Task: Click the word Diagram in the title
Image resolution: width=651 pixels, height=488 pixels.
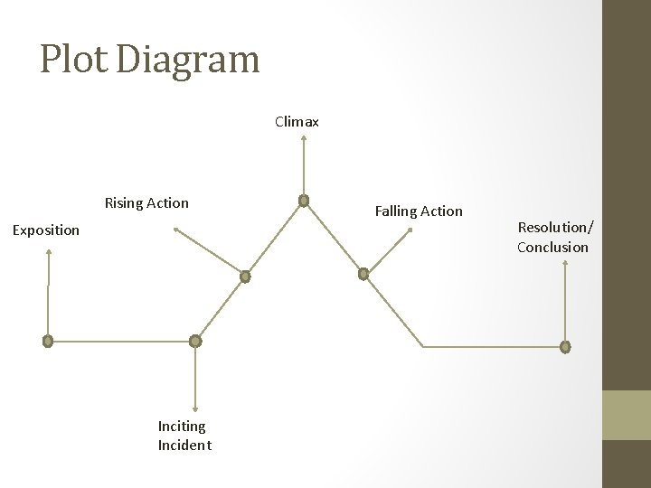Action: click(x=188, y=60)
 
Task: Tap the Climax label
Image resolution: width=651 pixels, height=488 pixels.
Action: click(x=297, y=121)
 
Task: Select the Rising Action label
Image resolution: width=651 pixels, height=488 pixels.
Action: click(x=146, y=202)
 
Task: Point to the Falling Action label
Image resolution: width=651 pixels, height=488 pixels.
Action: click(x=419, y=211)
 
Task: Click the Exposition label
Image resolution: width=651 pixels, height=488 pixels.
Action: click(x=46, y=230)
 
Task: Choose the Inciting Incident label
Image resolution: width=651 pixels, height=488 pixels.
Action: click(x=184, y=435)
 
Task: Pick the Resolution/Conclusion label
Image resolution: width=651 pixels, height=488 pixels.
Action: click(x=552, y=238)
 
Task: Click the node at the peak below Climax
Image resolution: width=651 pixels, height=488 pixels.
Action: click(x=304, y=201)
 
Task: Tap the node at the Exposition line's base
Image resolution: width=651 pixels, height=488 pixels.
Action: click(x=48, y=342)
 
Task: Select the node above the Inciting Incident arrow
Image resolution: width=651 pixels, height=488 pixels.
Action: click(x=195, y=341)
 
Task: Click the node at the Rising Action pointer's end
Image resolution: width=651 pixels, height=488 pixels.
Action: click(x=244, y=277)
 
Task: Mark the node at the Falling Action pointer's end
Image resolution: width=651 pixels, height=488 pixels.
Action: click(x=363, y=273)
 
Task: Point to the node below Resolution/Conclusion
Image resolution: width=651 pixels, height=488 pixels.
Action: click(x=565, y=346)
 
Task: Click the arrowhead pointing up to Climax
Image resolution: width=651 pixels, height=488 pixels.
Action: click(x=304, y=139)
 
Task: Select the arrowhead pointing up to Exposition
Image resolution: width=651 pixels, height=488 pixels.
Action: click(x=49, y=253)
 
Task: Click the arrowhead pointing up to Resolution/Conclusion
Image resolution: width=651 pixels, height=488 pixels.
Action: click(x=565, y=264)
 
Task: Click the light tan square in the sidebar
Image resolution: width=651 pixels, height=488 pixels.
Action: click(x=627, y=415)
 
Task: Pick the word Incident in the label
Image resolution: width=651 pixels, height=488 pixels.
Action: click(x=184, y=445)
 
